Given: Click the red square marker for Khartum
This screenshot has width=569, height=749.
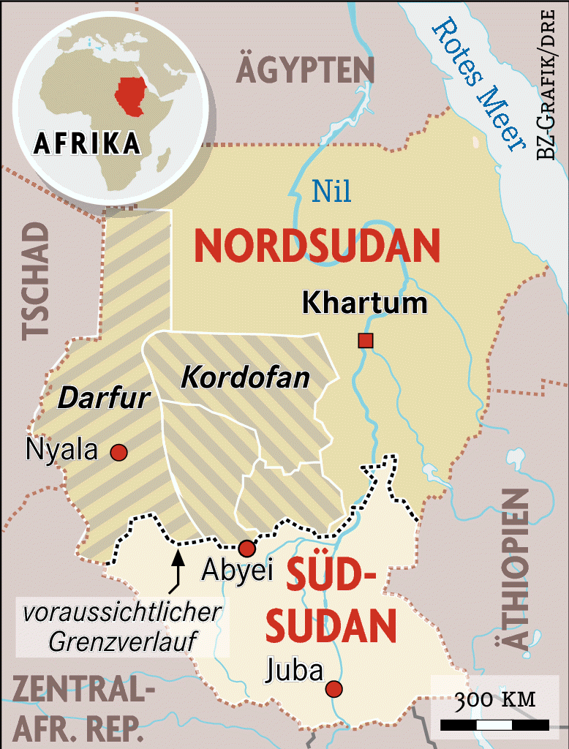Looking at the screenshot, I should tap(365, 340).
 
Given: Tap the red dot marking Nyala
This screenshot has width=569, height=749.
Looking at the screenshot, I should tap(118, 453).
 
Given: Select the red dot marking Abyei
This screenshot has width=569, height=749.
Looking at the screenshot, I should tap(247, 549).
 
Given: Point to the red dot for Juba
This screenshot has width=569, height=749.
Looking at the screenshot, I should tap(334, 688).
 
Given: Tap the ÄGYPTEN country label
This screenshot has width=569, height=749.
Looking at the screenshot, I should tap(305, 70).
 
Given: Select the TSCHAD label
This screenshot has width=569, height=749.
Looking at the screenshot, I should tap(34, 282).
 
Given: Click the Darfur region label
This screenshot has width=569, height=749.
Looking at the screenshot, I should tap(104, 399).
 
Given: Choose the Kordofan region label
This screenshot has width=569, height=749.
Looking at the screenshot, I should tap(245, 378).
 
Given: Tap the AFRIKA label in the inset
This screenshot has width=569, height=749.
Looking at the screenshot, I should tap(87, 143).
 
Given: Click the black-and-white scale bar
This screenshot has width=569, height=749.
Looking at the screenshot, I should tap(495, 725).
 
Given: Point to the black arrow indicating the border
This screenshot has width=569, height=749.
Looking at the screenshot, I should tap(176, 570).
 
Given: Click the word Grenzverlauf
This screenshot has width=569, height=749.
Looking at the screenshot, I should tap(120, 641).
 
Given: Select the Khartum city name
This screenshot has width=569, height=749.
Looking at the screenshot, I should tap(364, 302).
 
